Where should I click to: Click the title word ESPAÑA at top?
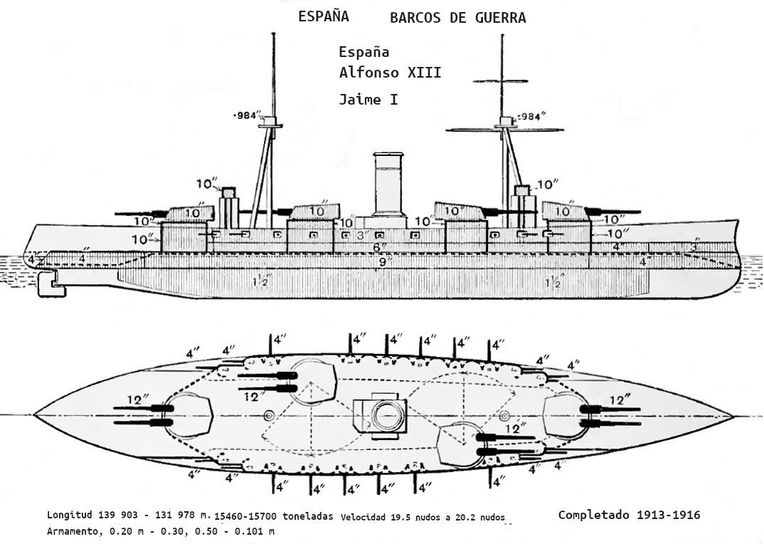(x=324, y=17)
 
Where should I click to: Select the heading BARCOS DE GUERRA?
(x=457, y=19)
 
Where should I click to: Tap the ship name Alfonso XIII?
(x=390, y=73)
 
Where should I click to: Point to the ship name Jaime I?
(x=368, y=100)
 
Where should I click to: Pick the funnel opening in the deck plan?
(x=388, y=414)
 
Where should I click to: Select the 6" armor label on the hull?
(x=380, y=248)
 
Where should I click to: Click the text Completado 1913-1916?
(x=629, y=514)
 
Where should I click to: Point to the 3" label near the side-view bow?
(x=693, y=246)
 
